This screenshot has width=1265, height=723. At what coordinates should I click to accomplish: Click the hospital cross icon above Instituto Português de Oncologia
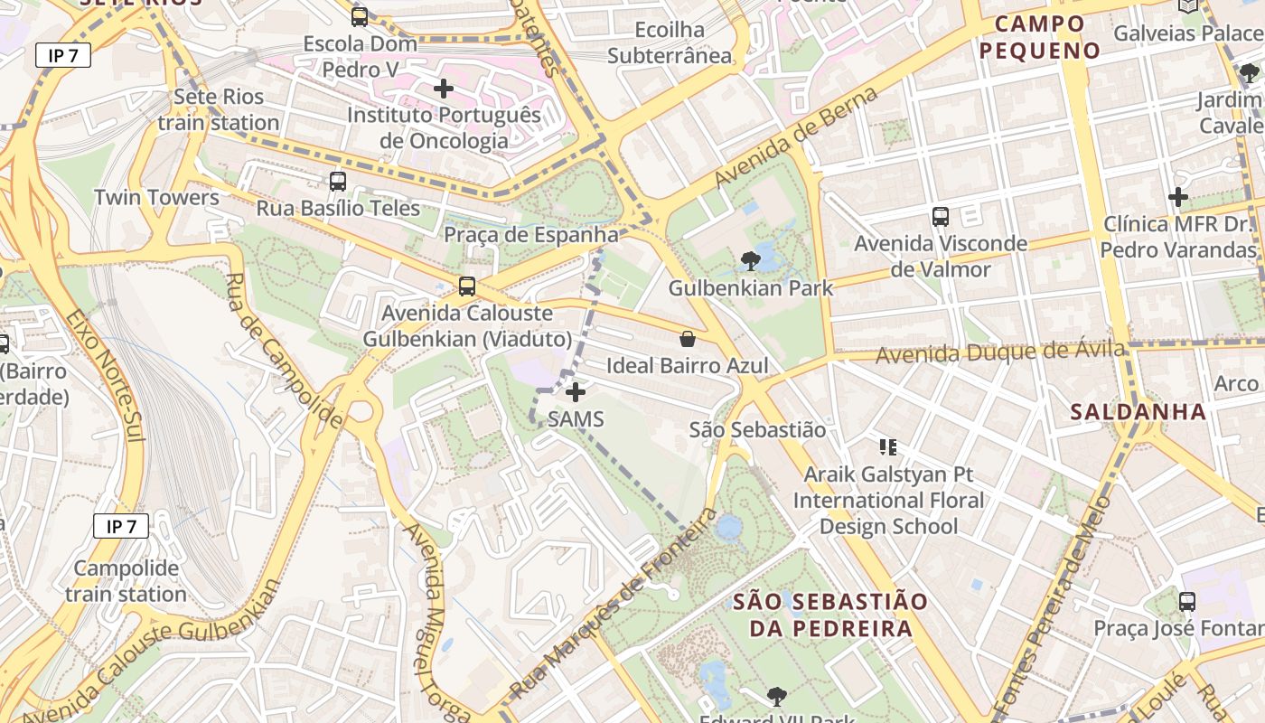tap(444, 89)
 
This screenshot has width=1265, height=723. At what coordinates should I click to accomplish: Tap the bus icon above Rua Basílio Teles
tap(338, 181)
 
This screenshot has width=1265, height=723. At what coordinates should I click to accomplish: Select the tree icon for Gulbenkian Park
tap(750, 261)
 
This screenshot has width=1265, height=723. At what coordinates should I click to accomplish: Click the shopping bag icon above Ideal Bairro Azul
tap(688, 339)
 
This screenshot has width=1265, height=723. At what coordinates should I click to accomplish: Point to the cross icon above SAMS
tap(576, 392)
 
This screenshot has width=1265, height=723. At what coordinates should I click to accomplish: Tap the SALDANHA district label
tap(1138, 412)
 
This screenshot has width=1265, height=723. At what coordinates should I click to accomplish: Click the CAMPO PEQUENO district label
tap(1040, 37)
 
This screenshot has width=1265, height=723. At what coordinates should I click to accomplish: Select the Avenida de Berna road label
tap(795, 137)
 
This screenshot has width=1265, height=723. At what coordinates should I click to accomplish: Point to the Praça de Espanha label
tap(531, 235)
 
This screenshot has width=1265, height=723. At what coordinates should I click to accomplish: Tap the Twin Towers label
tap(156, 197)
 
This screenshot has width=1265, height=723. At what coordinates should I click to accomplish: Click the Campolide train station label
tap(126, 581)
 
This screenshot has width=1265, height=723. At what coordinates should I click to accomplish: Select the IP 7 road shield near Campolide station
tap(120, 526)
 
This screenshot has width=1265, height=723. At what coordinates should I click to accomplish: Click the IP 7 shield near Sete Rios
tap(63, 55)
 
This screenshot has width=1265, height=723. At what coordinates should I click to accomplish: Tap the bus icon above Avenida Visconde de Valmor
tap(941, 217)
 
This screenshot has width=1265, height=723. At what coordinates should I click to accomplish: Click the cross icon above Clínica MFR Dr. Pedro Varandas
tap(1178, 196)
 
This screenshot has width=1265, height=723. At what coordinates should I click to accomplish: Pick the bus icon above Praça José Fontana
tap(1187, 601)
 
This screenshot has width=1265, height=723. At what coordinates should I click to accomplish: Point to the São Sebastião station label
tap(757, 430)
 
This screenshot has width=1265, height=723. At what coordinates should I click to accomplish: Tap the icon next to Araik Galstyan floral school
tap(888, 446)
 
